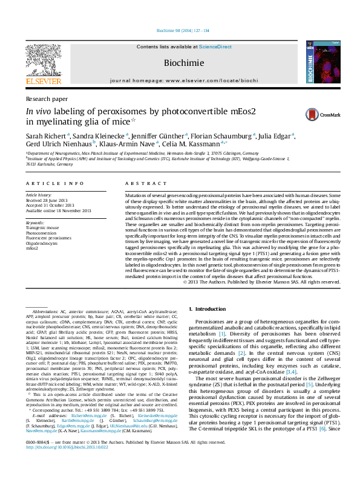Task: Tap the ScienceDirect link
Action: (x=215, y=47)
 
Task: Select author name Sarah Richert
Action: (x=45, y=137)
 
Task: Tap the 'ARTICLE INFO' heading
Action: (x=54, y=183)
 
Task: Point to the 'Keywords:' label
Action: (x=35, y=223)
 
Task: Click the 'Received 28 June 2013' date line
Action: (x=50, y=201)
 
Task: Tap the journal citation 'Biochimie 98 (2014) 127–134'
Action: (x=183, y=30)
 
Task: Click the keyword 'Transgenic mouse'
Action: (x=42, y=228)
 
